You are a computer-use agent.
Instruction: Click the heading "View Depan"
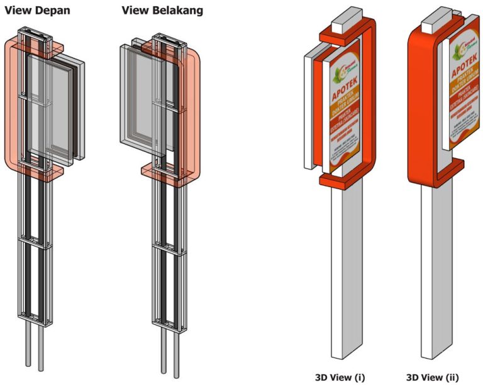coord(37,11)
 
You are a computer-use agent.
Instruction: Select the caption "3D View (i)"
coord(340,377)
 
